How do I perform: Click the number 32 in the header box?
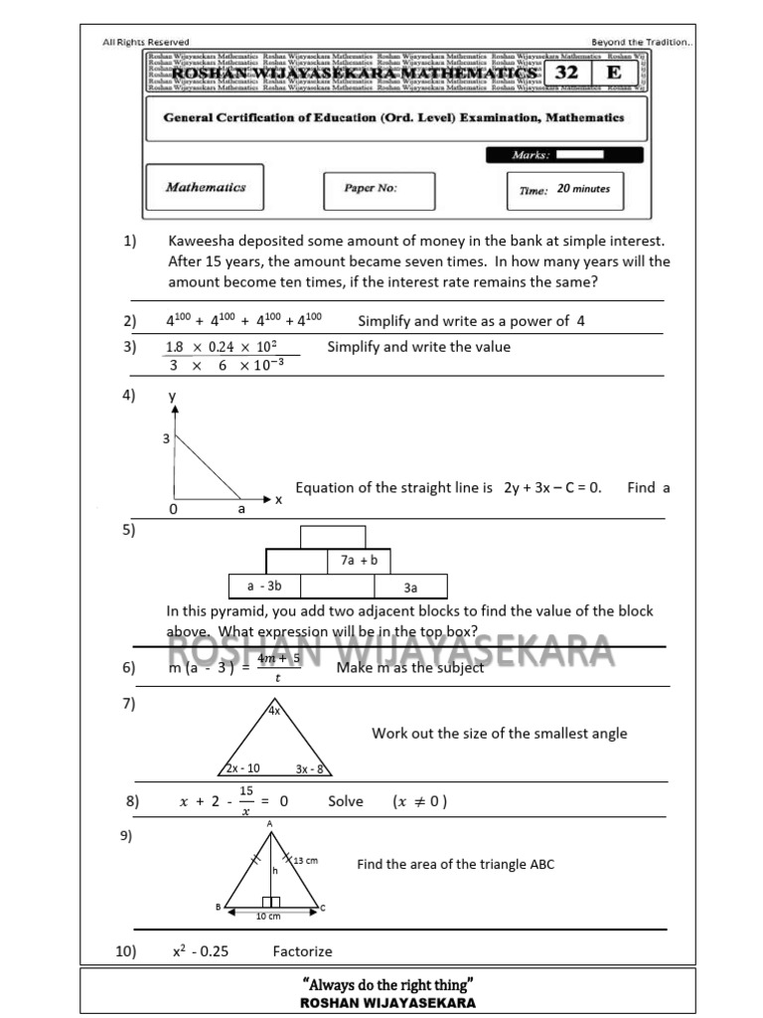(566, 74)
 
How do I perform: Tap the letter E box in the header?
(615, 74)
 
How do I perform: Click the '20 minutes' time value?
(584, 189)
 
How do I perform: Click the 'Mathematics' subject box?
(206, 187)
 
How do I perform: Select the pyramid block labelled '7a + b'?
(359, 561)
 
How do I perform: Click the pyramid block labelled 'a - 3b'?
(264, 587)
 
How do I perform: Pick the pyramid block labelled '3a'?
(410, 587)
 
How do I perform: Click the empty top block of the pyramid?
(333, 536)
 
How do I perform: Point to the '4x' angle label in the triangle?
(273, 711)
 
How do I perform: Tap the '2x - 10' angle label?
(242, 767)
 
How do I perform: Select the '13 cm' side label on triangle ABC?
(305, 860)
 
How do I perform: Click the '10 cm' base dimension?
(268, 916)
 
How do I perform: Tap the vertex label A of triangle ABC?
(269, 824)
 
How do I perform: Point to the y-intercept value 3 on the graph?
(166, 437)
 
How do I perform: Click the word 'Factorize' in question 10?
(302, 951)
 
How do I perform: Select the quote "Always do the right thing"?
(387, 984)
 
